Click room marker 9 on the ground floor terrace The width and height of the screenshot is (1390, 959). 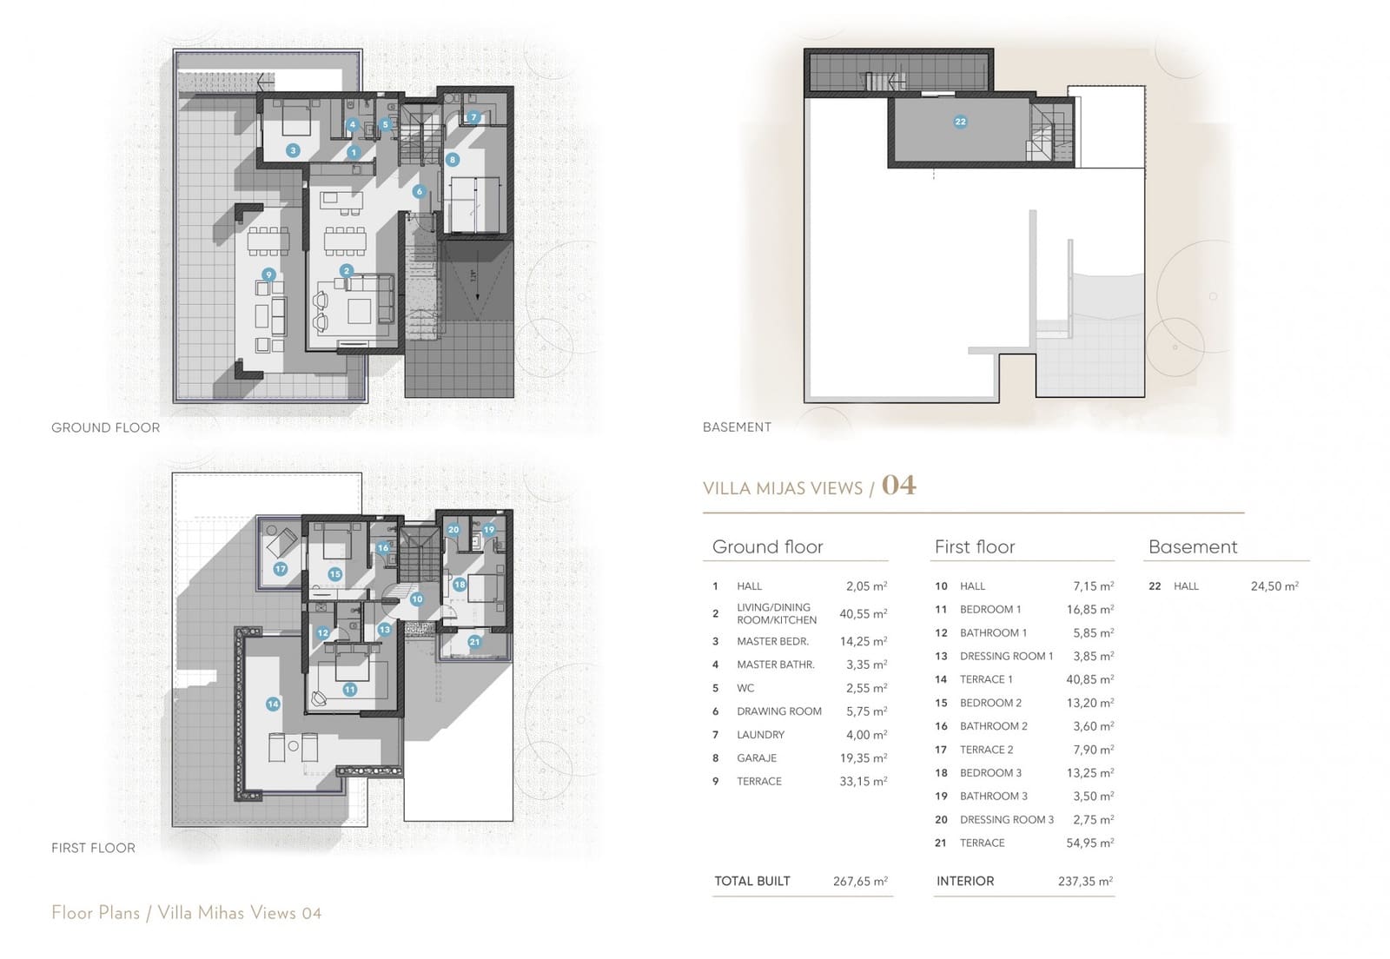tap(269, 274)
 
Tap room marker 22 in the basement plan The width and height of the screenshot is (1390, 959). tap(960, 122)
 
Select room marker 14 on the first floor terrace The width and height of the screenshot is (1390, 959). tap(273, 704)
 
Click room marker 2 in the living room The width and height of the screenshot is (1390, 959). tap(347, 271)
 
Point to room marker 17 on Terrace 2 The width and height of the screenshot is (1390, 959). tap(280, 569)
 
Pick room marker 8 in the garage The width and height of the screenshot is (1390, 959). tap(453, 160)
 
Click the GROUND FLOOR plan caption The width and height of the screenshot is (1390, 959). tap(105, 427)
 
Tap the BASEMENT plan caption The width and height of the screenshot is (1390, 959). tap(737, 427)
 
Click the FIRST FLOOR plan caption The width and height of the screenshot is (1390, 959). tap(93, 848)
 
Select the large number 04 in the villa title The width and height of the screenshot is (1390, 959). tap(898, 485)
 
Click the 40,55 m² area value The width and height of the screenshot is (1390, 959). tap(863, 613)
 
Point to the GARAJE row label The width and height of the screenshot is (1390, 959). tap(757, 757)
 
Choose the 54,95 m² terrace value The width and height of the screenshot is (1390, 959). tap(1089, 843)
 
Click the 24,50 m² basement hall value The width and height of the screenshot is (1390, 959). tap(1274, 586)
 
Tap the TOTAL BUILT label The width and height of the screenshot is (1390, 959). tap(752, 881)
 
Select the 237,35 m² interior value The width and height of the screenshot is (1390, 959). tap(1085, 881)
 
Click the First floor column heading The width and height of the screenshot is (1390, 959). tap(975, 546)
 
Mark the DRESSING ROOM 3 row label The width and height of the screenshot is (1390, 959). tap(1006, 819)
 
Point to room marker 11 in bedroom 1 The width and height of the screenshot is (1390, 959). tap(349, 690)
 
